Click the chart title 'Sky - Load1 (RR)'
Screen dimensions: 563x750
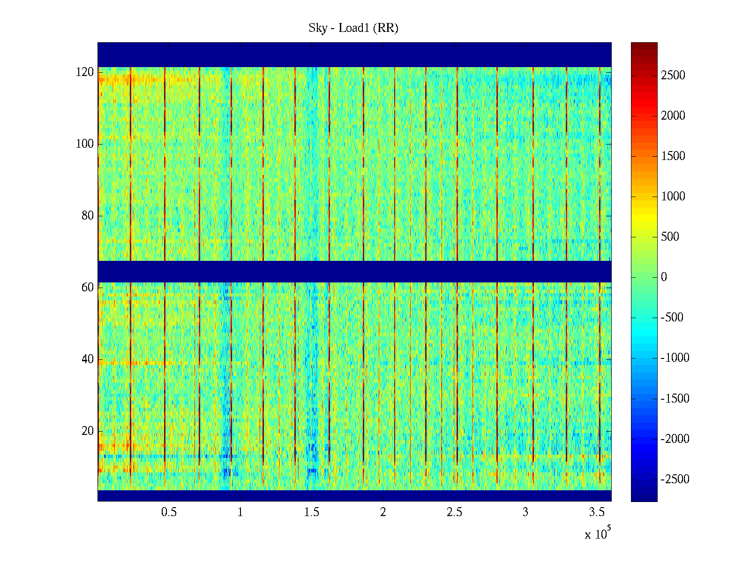click(x=353, y=28)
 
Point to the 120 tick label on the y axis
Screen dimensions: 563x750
click(x=85, y=72)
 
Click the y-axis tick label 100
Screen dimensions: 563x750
click(x=85, y=144)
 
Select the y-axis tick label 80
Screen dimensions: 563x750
click(x=88, y=216)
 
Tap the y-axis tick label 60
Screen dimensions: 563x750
click(x=88, y=287)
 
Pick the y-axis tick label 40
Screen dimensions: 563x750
click(x=88, y=359)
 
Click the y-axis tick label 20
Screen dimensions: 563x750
click(x=88, y=431)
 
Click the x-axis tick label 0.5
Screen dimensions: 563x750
click(x=169, y=512)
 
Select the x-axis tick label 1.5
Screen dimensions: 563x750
click(x=311, y=512)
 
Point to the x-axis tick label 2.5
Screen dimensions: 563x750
click(x=454, y=512)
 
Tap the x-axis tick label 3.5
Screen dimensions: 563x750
click(x=597, y=512)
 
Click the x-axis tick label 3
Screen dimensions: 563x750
click(x=525, y=512)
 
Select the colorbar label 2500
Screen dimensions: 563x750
click(x=673, y=76)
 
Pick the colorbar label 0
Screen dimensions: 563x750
click(x=664, y=277)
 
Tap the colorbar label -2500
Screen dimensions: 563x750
click(x=675, y=479)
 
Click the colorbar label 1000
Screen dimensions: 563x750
click(x=673, y=197)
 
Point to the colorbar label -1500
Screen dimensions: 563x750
click(x=675, y=399)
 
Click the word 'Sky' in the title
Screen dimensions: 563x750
click(x=317, y=28)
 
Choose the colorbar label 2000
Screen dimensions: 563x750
click(x=673, y=116)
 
